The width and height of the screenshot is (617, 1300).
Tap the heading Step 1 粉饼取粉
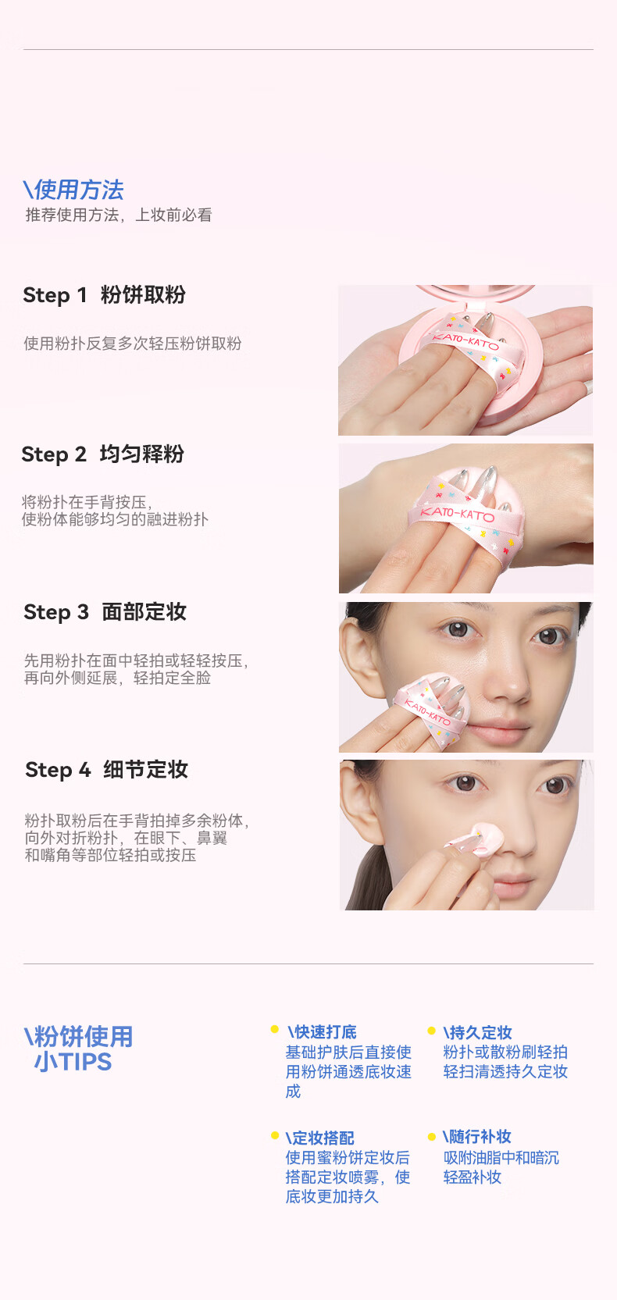105,295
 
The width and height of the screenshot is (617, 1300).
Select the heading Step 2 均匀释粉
103,454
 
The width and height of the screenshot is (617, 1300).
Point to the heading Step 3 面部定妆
105,611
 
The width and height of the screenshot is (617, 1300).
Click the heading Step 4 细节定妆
107,770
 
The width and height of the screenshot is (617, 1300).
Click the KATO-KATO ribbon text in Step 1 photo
465,340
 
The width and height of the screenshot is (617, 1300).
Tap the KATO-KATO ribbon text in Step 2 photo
458,514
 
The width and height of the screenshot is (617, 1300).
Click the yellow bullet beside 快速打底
275,1029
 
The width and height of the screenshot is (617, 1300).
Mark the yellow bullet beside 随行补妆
431,1136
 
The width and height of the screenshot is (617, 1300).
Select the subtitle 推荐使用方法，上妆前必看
119,215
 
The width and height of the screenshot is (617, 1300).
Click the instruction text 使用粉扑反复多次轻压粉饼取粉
132,344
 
